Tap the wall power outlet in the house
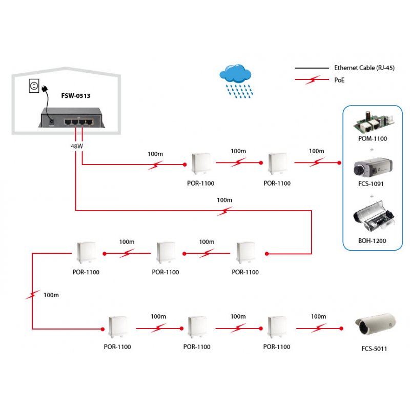34,86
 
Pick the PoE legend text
339,80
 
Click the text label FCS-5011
374,349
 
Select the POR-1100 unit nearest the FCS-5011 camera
277,327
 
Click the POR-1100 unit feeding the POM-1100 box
277,163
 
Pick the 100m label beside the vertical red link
51,295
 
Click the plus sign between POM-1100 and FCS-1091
371,149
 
